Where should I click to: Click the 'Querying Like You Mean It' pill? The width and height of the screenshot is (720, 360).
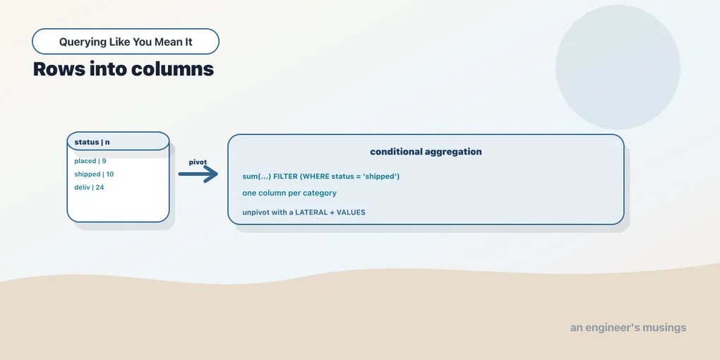coord(126,42)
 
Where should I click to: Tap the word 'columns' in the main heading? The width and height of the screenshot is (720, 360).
coord(172,69)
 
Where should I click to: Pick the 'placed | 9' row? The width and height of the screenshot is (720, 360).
coord(90,161)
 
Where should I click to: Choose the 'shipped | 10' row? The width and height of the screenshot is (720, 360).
coord(94,174)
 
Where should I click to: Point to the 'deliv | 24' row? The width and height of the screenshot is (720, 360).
coord(89,187)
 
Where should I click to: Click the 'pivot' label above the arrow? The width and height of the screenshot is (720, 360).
coord(198,162)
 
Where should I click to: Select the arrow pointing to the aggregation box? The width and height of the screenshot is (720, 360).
coord(198,174)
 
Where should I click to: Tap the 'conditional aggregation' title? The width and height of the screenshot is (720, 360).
coord(426,152)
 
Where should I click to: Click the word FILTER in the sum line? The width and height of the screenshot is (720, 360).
coord(285,176)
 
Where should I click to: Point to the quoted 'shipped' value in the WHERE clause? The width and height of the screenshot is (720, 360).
coord(380,176)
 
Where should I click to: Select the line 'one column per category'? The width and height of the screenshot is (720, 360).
coord(289,193)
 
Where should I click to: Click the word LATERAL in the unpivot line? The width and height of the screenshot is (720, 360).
coord(311,212)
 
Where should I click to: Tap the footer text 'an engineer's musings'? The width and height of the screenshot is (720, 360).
coord(628,328)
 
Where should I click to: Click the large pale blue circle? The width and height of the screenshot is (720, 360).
coord(618,67)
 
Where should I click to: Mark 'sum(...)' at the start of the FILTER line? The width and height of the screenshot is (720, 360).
coord(256,176)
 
